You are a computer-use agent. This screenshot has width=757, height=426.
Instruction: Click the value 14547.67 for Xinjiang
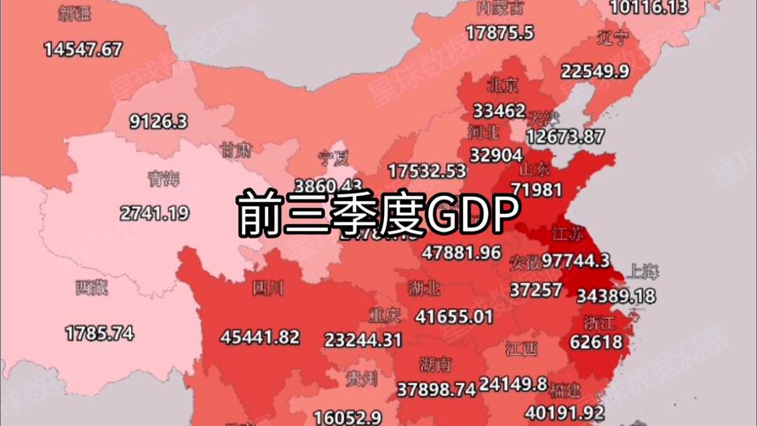(x=83, y=49)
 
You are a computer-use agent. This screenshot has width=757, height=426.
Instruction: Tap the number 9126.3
(x=158, y=121)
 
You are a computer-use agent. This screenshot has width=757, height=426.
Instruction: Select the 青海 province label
(x=163, y=179)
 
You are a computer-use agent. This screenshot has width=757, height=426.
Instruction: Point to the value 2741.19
(x=154, y=213)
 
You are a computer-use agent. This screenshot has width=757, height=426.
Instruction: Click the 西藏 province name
(x=91, y=288)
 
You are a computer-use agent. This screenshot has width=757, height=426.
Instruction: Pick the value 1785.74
(x=100, y=332)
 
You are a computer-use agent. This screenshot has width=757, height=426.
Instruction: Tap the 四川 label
(x=267, y=289)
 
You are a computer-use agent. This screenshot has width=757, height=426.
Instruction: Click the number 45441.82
(x=260, y=337)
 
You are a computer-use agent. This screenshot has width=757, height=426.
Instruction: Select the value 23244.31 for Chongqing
(x=363, y=339)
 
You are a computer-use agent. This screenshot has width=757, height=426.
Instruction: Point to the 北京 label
(x=502, y=85)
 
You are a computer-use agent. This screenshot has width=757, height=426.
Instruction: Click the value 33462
(x=499, y=111)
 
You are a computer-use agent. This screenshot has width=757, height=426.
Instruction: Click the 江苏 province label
(x=568, y=233)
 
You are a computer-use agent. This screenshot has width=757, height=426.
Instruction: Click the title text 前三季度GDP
(x=377, y=216)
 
